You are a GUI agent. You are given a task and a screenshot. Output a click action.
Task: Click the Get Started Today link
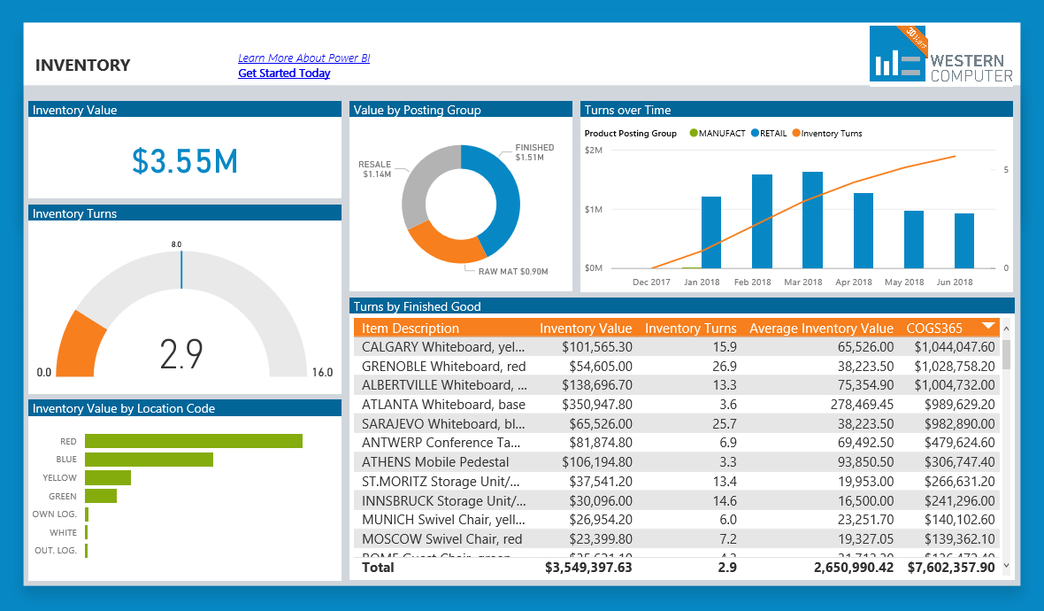[284, 73]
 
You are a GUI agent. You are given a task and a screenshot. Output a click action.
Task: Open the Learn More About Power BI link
[303, 58]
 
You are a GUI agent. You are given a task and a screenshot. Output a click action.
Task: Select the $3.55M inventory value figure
[185, 161]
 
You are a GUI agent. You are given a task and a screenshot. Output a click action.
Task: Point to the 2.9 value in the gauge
[182, 353]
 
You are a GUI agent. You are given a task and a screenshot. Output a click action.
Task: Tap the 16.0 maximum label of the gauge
[322, 373]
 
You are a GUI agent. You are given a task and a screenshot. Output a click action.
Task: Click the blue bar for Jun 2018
[964, 240]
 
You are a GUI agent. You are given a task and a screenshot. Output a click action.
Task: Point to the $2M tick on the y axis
[594, 151]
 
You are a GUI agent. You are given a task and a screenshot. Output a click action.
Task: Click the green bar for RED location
[194, 441]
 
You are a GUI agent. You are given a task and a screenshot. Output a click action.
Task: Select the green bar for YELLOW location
[108, 478]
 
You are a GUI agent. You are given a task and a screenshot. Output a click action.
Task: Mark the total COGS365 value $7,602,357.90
[951, 567]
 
